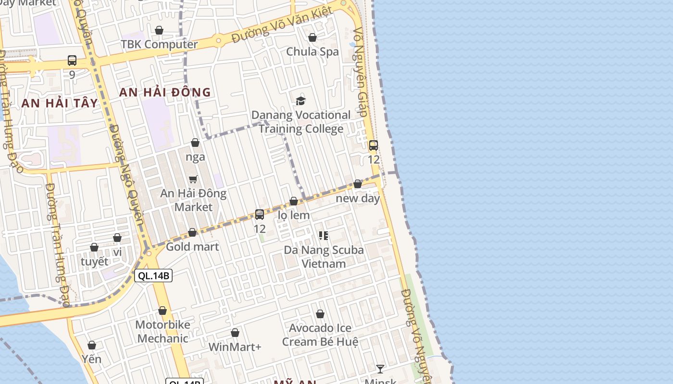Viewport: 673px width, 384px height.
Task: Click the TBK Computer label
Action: [x=159, y=45]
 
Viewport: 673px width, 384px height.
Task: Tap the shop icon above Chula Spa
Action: [x=312, y=37]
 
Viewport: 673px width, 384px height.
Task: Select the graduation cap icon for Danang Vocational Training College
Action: [x=301, y=101]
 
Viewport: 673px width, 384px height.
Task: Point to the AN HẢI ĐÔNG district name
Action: [x=165, y=92]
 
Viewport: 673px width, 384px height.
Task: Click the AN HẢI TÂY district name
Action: [x=60, y=103]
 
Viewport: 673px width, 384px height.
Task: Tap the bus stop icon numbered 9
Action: [x=72, y=60]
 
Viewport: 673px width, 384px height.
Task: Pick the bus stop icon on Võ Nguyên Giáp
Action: [x=374, y=145]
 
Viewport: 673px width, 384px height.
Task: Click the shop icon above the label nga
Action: [x=195, y=143]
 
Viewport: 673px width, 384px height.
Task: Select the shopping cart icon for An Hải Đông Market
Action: [x=193, y=179]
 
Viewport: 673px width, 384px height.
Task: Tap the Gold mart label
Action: [x=192, y=247]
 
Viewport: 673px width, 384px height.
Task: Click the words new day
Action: [x=358, y=198]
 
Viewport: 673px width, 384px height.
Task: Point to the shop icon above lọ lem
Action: [x=294, y=201]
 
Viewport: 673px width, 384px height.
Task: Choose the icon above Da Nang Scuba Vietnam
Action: [x=324, y=236]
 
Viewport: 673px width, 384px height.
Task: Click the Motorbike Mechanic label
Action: [x=162, y=332]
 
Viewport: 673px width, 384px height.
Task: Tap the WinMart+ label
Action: [x=235, y=347]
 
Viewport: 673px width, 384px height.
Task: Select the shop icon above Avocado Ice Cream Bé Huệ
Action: [x=320, y=314]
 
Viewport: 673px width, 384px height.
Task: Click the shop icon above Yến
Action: [x=92, y=345]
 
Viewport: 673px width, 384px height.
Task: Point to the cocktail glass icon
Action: [x=380, y=369]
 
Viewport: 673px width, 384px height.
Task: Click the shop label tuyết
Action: [x=94, y=262]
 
